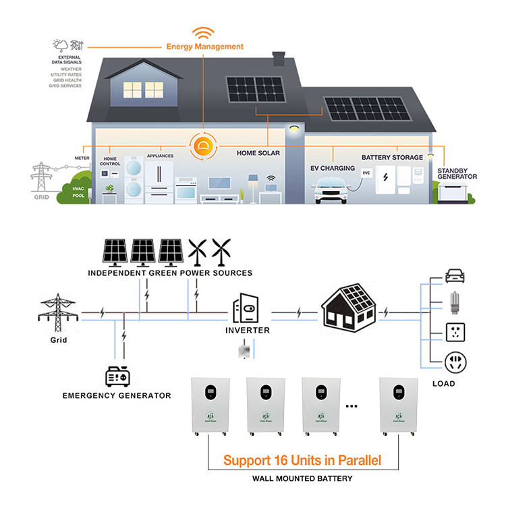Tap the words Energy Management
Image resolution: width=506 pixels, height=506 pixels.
pyautogui.click(x=205, y=47)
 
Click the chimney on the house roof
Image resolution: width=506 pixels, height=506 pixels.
pyautogui.click(x=279, y=59)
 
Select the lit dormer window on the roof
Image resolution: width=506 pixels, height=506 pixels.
pyautogui.click(x=143, y=90)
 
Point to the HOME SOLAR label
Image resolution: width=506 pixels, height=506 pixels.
pyautogui.click(x=258, y=153)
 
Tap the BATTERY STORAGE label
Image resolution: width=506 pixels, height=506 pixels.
pyautogui.click(x=392, y=157)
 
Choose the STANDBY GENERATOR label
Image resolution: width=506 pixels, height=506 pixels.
pyautogui.click(x=457, y=173)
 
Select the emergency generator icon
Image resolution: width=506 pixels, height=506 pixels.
pyautogui.click(x=122, y=376)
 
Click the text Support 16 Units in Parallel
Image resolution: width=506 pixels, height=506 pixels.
pyautogui.click(x=302, y=461)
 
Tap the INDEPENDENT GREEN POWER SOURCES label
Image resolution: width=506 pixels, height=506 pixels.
pyautogui.click(x=170, y=273)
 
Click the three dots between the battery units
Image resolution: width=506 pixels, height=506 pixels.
pyautogui.click(x=352, y=407)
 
